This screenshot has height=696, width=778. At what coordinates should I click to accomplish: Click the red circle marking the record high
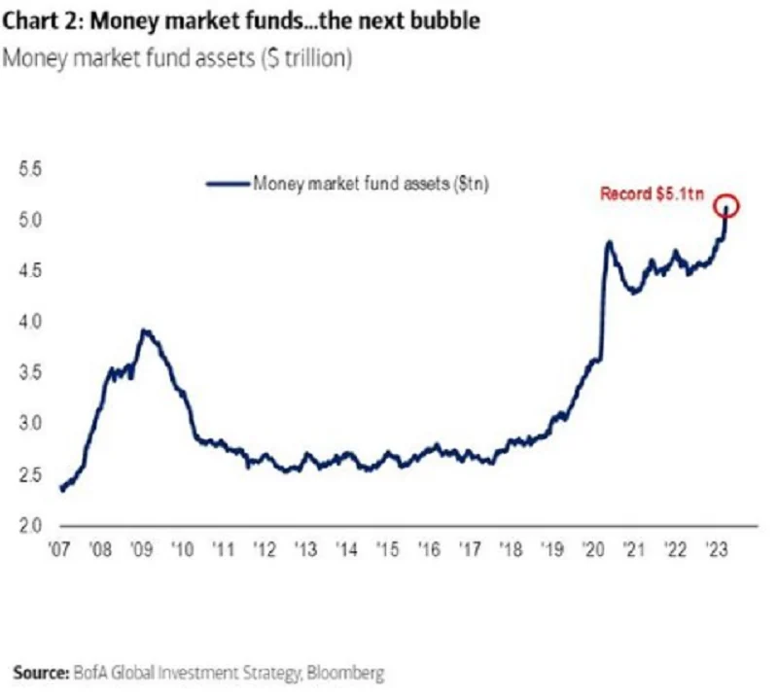pos(727,206)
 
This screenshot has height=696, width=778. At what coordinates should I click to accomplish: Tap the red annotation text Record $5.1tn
pos(650,194)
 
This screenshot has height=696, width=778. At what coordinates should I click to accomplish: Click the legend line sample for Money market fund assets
pos(228,182)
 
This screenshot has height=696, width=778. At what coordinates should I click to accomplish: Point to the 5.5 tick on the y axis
pos(30,169)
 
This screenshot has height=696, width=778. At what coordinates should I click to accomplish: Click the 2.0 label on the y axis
pos(30,526)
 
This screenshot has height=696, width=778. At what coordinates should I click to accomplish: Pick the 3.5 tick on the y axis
pos(30,372)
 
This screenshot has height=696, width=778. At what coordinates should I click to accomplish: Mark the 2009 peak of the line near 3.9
pos(144,331)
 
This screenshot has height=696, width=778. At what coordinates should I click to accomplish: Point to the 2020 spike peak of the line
pos(609,242)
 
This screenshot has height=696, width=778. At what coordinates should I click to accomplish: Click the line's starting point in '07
pos(61,489)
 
